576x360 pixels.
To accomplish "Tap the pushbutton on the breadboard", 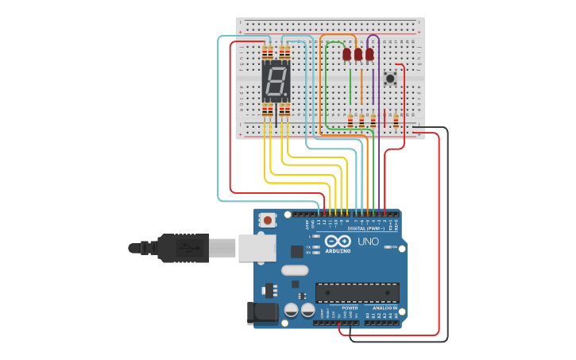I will tap(390, 78).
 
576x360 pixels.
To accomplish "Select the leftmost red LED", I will tap(346, 54).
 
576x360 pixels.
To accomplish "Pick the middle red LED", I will tap(358, 54).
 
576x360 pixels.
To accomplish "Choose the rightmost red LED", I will tap(369, 54).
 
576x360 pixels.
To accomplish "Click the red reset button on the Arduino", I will tap(269, 220).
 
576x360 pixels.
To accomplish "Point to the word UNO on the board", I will tap(368, 242).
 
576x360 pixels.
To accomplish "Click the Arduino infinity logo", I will tap(337, 242).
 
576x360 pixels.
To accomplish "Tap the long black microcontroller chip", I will tap(357, 292).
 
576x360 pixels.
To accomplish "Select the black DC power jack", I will tap(262, 312).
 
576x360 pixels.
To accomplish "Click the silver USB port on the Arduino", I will tap(257, 248).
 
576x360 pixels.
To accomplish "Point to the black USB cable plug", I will tap(183, 248).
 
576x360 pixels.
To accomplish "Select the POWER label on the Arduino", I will tap(350, 308).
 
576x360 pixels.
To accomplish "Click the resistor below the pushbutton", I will tap(396, 121).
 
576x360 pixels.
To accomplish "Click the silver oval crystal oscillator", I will tap(295, 270).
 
